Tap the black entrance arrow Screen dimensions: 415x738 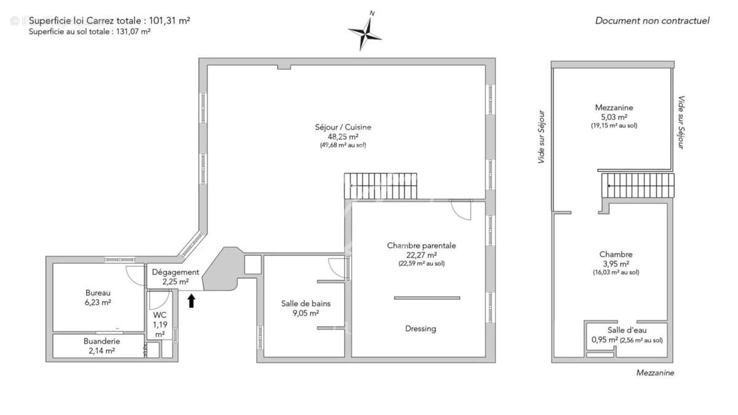click(191, 300)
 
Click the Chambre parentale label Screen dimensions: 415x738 click(421, 245)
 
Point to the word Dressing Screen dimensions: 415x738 click(421, 328)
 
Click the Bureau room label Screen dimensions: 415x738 click(98, 293)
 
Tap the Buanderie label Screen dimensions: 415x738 click(101, 341)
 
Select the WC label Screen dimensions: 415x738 click(160, 315)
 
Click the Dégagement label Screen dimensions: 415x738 click(175, 272)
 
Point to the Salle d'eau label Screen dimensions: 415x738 click(627, 330)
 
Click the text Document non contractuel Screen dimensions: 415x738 click(652, 21)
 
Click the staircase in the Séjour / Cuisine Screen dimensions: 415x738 click(381, 186)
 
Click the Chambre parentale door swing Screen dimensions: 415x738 click(460, 210)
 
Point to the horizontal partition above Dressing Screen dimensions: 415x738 click(427, 298)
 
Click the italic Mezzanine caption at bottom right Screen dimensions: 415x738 click(655, 373)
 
